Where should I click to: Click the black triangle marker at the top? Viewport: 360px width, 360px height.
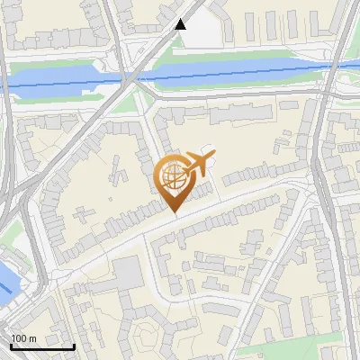181,24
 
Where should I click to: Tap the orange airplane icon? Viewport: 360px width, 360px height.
201,164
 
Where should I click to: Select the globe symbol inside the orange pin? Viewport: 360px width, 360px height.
174,176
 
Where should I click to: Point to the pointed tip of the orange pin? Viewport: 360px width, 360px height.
174,212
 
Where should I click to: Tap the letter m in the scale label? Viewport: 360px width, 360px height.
33,337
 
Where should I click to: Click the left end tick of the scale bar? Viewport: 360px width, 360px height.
11,346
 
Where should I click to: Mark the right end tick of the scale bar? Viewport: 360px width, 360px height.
75,346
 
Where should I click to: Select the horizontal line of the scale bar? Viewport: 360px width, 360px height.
42,347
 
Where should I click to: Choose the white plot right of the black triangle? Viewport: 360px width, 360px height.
202,33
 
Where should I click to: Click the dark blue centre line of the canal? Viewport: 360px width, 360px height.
225,76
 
